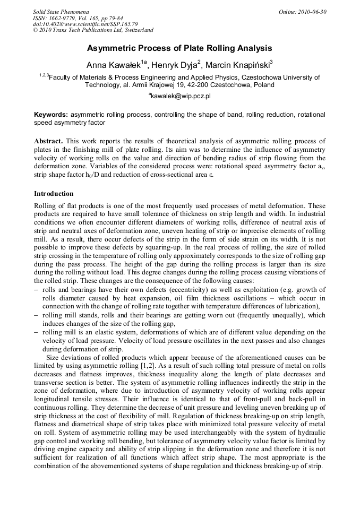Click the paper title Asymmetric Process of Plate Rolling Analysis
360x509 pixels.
(179, 48)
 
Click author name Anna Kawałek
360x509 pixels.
(114, 65)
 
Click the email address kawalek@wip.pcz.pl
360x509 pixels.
(181, 96)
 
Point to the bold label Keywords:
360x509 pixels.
(51, 115)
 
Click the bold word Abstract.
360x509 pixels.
(49, 141)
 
